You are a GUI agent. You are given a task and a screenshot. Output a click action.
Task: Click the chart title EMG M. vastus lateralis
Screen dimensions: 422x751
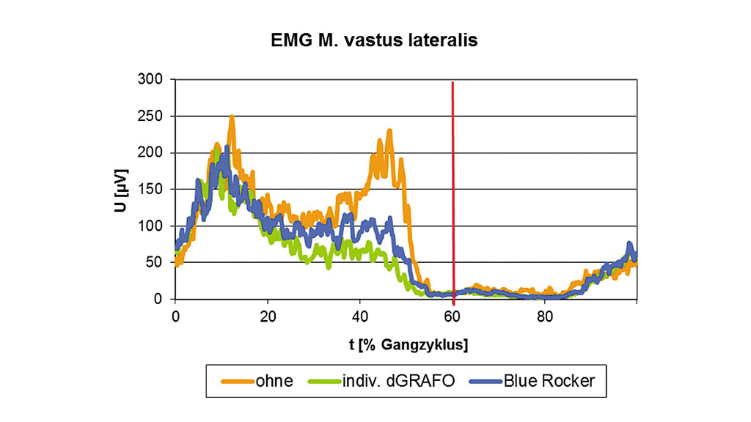coord(375,40)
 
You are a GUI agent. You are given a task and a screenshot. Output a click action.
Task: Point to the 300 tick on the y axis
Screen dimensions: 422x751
coord(154,79)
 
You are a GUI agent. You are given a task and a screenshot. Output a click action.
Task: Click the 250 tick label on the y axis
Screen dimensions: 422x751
coord(154,116)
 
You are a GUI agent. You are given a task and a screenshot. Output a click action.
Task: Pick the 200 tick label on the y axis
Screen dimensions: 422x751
coord(154,152)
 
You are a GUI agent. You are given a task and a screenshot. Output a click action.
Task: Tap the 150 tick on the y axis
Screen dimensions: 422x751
coord(154,189)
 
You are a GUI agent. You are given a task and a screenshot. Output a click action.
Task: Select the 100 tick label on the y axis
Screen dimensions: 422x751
coord(154,226)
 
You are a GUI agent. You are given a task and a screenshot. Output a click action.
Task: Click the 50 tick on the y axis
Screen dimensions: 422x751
coord(158,262)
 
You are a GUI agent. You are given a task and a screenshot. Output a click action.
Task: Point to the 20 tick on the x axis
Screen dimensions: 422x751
coord(268,316)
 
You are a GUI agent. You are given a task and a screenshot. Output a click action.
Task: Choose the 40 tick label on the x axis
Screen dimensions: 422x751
coord(360,316)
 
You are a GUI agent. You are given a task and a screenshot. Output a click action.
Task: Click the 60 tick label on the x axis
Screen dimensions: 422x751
coord(453,316)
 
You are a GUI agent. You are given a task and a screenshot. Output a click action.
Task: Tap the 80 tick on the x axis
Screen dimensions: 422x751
coord(545,316)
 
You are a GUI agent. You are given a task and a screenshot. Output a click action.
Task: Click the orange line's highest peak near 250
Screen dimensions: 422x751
coord(232,117)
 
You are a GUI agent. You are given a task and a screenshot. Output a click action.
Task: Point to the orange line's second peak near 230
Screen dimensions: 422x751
coord(389,132)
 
